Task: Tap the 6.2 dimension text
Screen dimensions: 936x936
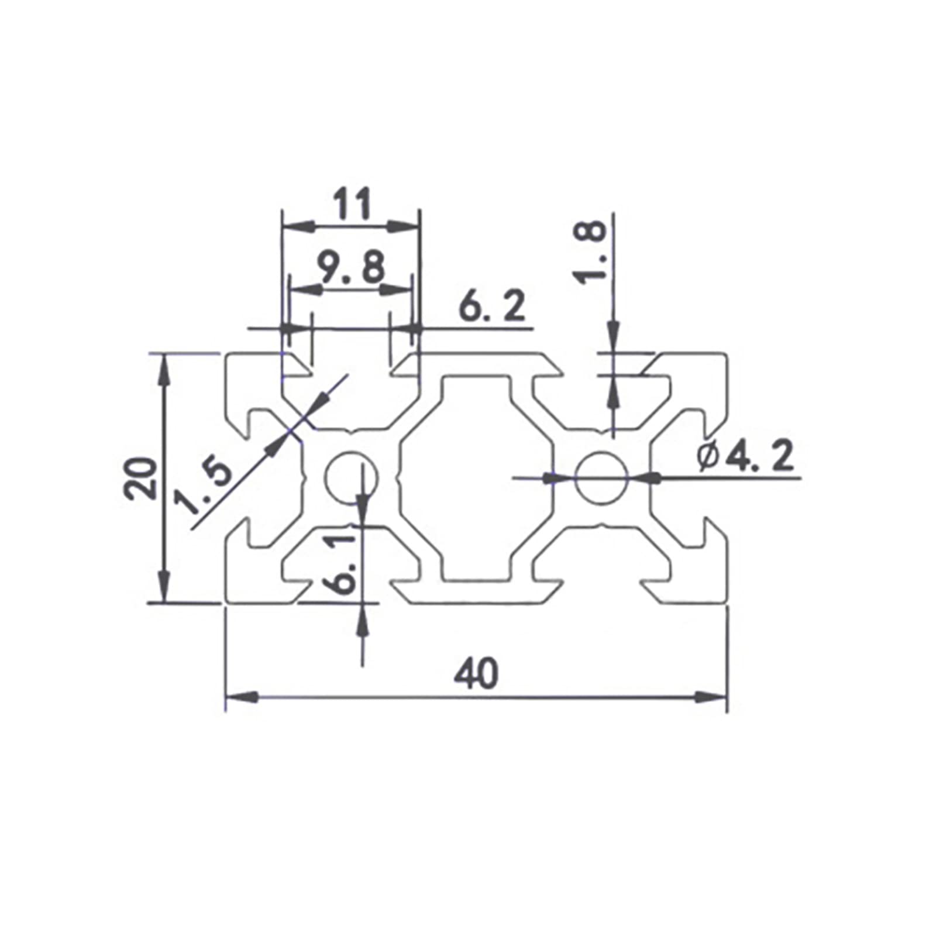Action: tap(492, 306)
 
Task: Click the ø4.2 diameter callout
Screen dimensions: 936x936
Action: tap(746, 457)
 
